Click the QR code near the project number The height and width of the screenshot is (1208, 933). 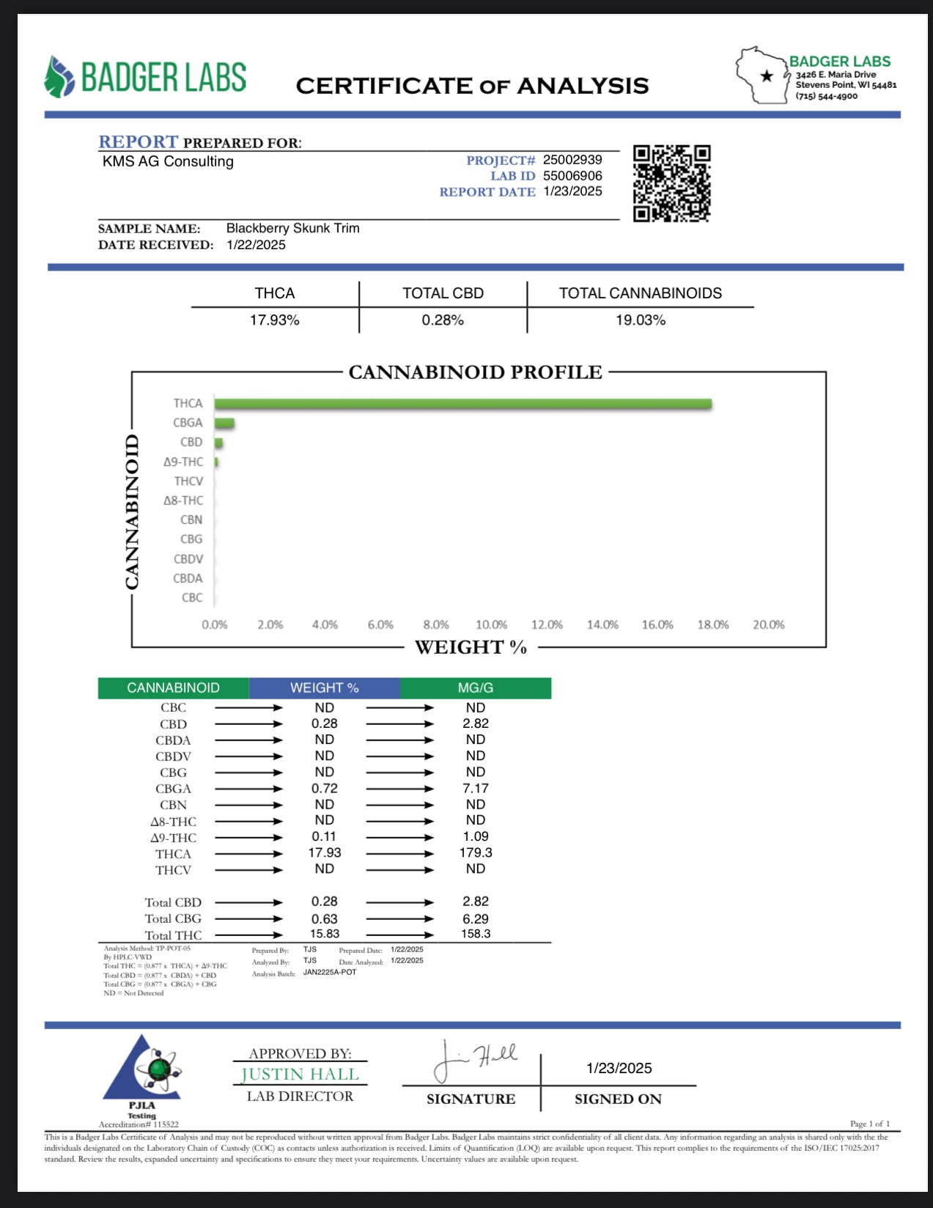point(671,183)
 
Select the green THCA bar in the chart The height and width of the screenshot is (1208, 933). point(462,404)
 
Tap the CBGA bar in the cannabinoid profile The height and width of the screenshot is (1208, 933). point(224,423)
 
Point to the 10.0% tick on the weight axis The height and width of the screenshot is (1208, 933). point(491,625)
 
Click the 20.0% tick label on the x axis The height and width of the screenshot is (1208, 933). point(768,625)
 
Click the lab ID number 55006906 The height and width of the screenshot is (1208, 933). point(572,176)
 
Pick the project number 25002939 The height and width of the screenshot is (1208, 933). point(572,160)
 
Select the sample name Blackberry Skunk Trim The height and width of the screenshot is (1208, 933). point(292,228)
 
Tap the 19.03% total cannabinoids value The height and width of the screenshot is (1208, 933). point(640,320)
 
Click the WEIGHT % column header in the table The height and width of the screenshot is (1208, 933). point(324,688)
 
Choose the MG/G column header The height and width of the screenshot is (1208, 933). point(475,688)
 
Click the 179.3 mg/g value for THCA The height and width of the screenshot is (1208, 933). point(475,852)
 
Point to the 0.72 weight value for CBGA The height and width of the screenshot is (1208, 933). point(324,788)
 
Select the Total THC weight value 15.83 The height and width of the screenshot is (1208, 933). point(324,934)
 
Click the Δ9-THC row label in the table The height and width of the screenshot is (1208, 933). point(174,838)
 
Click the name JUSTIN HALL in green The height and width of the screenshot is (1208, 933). point(300,1075)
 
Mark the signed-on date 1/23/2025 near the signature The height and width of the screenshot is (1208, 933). point(619,1068)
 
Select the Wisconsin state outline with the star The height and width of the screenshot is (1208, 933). point(761,75)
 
